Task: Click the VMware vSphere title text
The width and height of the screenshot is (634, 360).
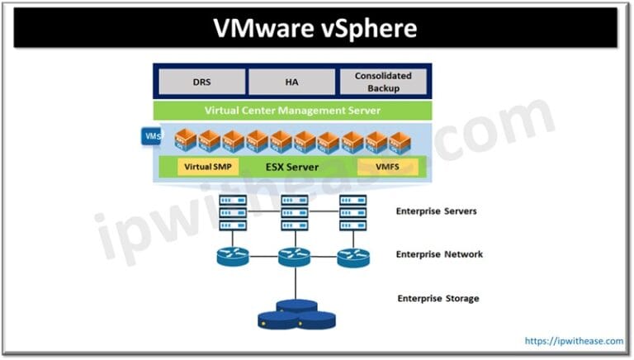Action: tap(316, 28)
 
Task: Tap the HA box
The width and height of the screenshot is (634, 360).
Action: tap(291, 82)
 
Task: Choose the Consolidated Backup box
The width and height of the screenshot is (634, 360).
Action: tap(383, 82)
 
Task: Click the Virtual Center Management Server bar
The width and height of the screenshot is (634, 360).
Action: tap(292, 111)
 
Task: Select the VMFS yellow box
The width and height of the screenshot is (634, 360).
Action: tap(387, 166)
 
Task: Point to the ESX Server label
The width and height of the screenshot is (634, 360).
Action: tap(293, 166)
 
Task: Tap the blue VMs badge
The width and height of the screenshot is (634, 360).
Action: tap(153, 135)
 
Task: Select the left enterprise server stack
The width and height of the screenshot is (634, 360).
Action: tap(230, 212)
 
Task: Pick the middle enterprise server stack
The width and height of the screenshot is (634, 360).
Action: tap(294, 212)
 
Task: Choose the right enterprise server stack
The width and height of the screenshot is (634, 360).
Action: tap(353, 212)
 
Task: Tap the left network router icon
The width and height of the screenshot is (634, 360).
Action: tap(231, 257)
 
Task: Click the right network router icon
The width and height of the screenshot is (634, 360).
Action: tap(353, 257)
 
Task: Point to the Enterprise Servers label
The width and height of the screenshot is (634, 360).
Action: tap(437, 211)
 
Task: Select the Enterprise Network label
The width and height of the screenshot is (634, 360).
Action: tap(439, 254)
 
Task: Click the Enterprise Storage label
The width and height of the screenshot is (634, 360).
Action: tap(438, 298)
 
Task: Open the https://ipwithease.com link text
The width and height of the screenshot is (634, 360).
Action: tap(574, 340)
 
